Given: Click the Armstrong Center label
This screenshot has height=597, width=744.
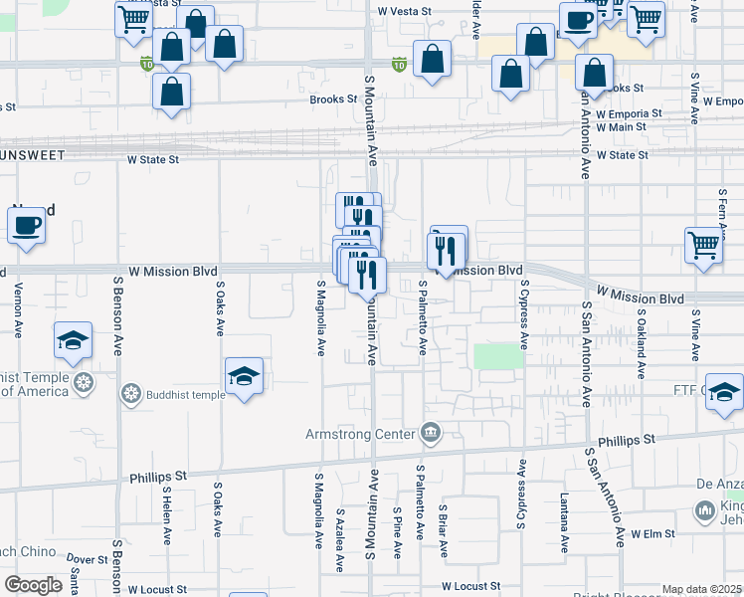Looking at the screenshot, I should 363,433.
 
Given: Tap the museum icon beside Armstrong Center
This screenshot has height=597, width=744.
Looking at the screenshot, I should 431,432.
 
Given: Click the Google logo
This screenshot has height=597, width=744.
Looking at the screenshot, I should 33,585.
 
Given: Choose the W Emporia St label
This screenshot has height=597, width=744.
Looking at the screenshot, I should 629,113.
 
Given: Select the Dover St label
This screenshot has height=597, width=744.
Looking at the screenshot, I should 88,560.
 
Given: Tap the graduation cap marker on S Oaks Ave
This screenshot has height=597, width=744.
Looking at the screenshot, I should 244,377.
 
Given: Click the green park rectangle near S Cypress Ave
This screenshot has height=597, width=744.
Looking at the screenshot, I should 498,356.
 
